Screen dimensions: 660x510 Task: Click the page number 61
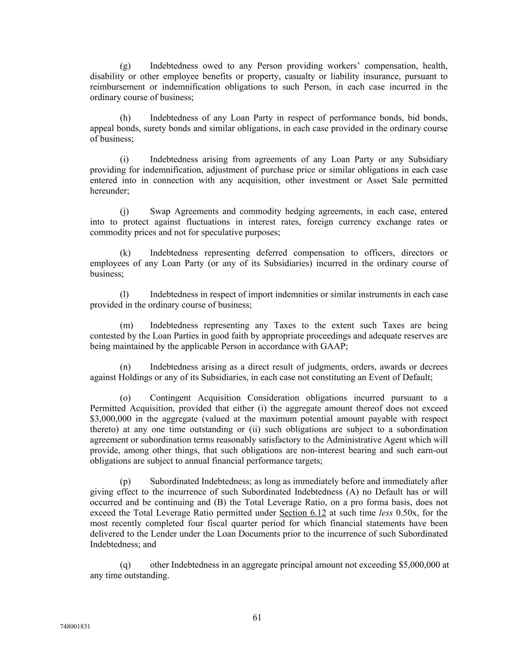[x=257, y=617]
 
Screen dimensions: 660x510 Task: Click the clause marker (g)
[x=125, y=66]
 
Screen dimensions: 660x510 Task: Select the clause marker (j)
[x=124, y=211]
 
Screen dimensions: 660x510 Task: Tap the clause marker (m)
[x=126, y=325]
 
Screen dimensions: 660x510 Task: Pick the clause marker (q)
[x=125, y=565]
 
